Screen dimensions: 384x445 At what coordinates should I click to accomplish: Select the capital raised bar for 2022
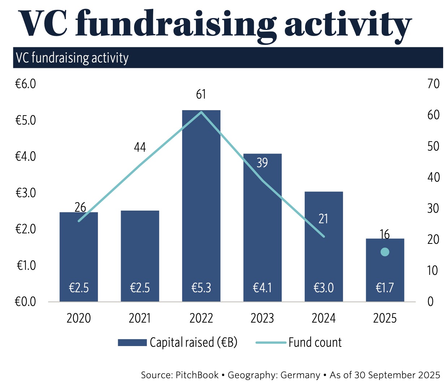click(201, 202)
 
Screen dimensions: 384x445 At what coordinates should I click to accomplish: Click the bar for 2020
click(79, 253)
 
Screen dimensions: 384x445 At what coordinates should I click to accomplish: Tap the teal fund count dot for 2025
click(385, 252)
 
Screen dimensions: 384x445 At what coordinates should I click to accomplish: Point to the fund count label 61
click(201, 95)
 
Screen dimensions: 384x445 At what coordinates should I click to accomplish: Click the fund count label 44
click(140, 147)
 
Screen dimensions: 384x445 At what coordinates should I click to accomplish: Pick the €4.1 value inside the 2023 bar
click(262, 288)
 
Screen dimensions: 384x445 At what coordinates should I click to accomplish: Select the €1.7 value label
click(385, 288)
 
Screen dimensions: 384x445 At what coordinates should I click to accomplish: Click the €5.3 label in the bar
click(201, 288)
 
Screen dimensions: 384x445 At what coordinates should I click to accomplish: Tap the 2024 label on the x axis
click(324, 318)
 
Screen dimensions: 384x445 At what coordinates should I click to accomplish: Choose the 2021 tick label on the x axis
click(140, 318)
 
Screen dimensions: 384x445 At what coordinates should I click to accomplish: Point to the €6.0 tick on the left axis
click(25, 84)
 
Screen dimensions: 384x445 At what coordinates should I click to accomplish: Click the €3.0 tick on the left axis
click(25, 193)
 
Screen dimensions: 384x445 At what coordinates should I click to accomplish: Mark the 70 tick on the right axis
click(433, 84)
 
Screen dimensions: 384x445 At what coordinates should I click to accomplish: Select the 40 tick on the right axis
click(433, 177)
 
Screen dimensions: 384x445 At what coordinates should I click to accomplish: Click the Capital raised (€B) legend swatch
click(132, 342)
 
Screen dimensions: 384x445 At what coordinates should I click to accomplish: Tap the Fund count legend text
click(315, 342)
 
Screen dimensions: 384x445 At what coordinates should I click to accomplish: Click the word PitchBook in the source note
click(197, 375)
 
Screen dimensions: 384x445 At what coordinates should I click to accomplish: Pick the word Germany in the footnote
click(300, 375)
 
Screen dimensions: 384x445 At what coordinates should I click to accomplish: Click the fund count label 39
click(262, 163)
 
